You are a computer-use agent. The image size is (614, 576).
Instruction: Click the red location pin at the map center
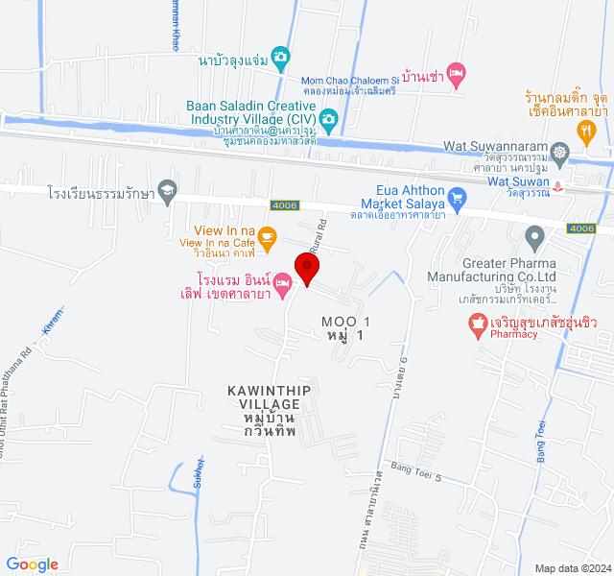pos(306,267)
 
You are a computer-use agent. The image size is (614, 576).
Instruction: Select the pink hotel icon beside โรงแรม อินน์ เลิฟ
pos(283,282)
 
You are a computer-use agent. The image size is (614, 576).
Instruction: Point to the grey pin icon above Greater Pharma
pos(535,235)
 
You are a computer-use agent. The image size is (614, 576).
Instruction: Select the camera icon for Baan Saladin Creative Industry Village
pos(328,119)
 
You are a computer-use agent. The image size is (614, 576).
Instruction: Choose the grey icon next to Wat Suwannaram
pos(563,152)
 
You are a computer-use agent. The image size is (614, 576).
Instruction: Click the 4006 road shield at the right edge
pos(581,228)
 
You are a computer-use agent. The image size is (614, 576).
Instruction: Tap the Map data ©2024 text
pos(574,567)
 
